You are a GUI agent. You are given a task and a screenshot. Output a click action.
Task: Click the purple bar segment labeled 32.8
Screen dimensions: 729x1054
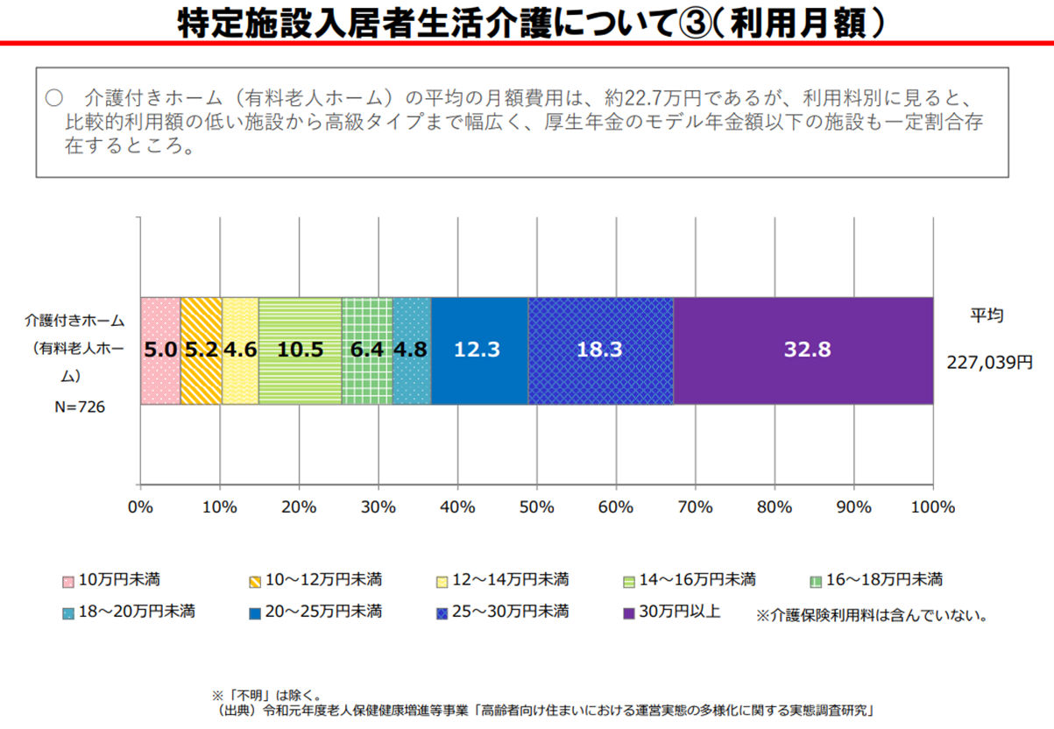click(803, 350)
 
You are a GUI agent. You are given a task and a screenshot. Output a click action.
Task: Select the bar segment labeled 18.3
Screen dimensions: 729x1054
click(600, 350)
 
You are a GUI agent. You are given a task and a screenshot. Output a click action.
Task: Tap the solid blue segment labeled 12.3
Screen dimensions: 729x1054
click(479, 350)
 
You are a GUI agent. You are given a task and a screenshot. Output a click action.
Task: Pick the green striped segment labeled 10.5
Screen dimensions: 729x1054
click(300, 350)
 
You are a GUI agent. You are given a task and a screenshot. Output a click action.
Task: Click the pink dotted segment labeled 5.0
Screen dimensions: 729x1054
click(160, 350)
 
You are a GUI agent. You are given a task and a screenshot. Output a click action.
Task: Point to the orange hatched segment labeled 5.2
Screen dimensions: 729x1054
click(202, 350)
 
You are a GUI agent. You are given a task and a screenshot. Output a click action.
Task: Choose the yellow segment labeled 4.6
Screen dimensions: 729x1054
click(240, 350)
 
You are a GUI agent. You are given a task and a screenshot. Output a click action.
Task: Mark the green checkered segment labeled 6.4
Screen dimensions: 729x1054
click(367, 350)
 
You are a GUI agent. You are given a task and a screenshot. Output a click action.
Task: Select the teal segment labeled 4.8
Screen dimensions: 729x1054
click(412, 350)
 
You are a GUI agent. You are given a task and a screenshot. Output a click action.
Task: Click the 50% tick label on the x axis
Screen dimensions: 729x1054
click(536, 507)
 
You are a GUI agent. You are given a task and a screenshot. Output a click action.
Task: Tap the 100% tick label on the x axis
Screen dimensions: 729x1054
click(932, 507)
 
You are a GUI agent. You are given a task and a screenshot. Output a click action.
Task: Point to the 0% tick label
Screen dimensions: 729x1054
click(140, 507)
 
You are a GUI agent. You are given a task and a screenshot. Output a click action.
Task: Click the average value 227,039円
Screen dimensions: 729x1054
click(989, 359)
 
